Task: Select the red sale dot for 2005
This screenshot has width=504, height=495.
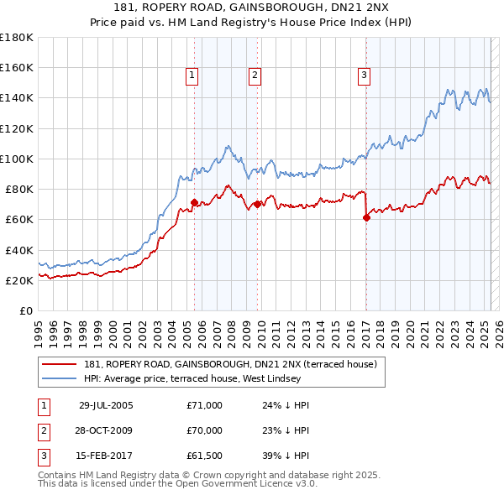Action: click(194, 202)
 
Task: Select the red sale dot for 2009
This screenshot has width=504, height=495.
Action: click(257, 204)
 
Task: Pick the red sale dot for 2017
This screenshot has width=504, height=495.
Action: click(366, 217)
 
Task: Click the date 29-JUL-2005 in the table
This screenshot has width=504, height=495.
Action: click(106, 405)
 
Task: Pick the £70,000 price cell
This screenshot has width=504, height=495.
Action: click(204, 431)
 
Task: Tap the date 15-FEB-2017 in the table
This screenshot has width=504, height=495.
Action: click(106, 457)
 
